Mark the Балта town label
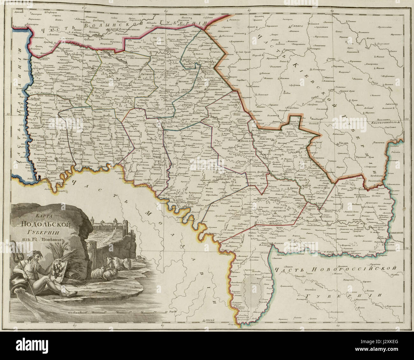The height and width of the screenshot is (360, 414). pos(262,245)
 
